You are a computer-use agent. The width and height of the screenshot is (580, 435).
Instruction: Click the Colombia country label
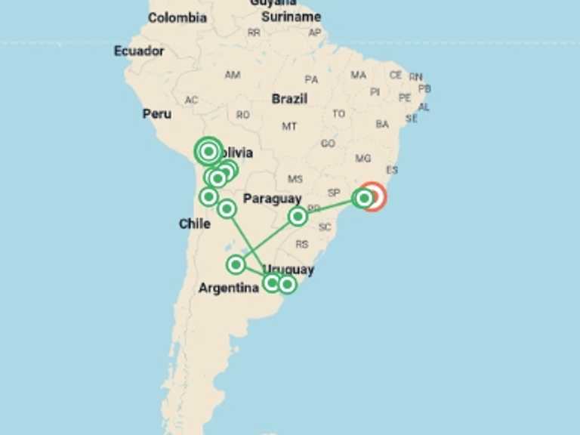click(x=177, y=17)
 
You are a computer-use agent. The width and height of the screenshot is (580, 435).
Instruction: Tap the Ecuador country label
click(x=139, y=51)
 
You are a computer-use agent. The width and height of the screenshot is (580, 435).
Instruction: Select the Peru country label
click(x=157, y=114)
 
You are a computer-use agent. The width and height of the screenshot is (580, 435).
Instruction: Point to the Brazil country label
click(x=289, y=99)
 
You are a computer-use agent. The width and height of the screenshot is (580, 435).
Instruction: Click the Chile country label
click(x=194, y=224)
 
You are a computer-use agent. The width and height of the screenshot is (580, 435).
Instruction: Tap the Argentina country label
click(x=228, y=288)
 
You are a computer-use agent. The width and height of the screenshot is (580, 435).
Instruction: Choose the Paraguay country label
click(x=272, y=199)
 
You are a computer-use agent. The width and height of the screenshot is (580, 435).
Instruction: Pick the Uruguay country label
click(x=289, y=270)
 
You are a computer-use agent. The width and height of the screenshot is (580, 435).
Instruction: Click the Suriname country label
click(x=291, y=17)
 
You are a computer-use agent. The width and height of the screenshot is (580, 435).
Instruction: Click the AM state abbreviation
click(x=233, y=75)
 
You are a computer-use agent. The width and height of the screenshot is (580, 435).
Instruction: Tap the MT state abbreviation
click(x=289, y=126)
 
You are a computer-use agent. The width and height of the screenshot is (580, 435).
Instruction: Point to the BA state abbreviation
click(x=382, y=124)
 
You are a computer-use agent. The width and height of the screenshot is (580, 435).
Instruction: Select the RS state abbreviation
click(x=302, y=244)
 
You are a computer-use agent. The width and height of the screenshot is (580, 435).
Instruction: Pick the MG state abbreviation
click(x=363, y=159)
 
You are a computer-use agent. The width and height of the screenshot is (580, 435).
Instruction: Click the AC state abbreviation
click(x=191, y=100)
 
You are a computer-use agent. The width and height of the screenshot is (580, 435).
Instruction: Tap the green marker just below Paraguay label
click(x=298, y=217)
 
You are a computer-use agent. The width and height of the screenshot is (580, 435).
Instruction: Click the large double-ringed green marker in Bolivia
click(x=208, y=151)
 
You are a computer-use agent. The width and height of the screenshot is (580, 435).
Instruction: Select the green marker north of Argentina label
click(x=236, y=264)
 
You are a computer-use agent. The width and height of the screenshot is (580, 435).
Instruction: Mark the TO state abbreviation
click(x=339, y=114)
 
